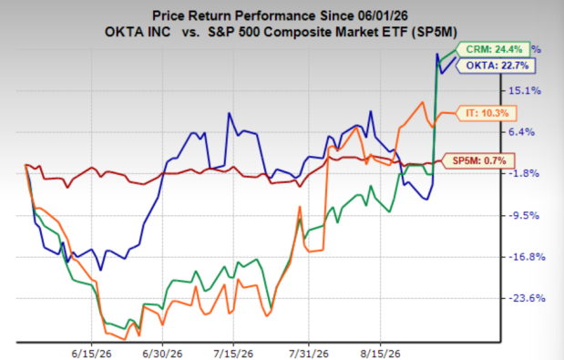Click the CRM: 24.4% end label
coord(494,49)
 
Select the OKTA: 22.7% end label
coord(496,66)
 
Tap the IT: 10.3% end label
coord(487,113)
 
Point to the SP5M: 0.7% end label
coord(478,160)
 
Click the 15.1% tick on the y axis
coord(525,90)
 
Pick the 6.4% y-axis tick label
coord(522,132)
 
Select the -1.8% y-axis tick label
coord(523,173)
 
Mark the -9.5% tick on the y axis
coord(523,215)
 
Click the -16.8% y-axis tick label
coord(527,257)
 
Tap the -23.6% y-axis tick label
coord(527,298)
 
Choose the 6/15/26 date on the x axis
coord(91,354)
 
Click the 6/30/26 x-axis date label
coord(162,354)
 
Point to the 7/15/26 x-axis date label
coord(233,354)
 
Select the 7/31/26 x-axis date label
coord(308,354)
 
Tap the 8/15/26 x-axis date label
coord(381,354)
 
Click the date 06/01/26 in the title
coord(383,16)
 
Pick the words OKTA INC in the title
coord(138,32)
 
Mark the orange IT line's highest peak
coord(422,102)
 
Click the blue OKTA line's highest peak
coord(437,54)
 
